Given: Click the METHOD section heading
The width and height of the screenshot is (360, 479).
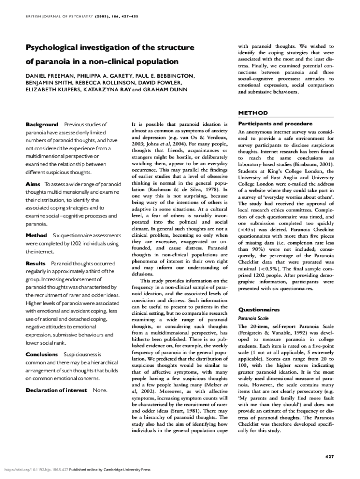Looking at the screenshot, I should pyautogui.click(x=253, y=113).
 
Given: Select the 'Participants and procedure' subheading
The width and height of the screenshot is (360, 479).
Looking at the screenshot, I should pyautogui.click(x=275, y=124).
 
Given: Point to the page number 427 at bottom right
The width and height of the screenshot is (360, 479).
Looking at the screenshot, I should pyautogui.click(x=329, y=456).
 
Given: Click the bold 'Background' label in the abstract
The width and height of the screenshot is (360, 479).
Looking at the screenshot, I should pyautogui.click(x=42, y=124).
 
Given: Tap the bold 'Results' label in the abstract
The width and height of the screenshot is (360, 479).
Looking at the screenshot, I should pyautogui.click(x=36, y=264).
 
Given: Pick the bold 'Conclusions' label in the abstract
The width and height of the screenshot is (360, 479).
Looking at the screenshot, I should pyautogui.click(x=42, y=354).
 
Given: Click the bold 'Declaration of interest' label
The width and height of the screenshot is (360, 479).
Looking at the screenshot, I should pyautogui.click(x=56, y=390).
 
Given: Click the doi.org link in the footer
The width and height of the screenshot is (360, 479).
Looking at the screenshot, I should pyautogui.click(x=36, y=469).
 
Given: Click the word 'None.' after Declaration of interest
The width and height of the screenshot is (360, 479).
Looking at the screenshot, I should pyautogui.click(x=100, y=390).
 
